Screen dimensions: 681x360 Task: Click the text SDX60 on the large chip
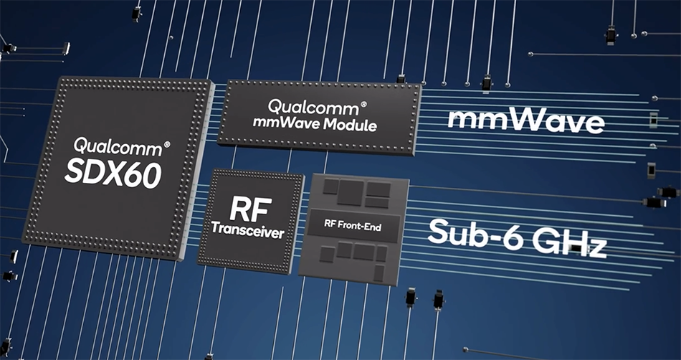[x=113, y=174]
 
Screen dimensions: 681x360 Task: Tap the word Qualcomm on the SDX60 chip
[x=118, y=148]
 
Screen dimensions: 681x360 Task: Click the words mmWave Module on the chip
[x=315, y=124]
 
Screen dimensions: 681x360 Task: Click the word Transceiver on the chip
[x=248, y=231]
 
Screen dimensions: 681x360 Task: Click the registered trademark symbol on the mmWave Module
[x=363, y=104]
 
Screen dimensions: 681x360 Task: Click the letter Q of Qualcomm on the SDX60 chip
[x=81, y=145]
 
